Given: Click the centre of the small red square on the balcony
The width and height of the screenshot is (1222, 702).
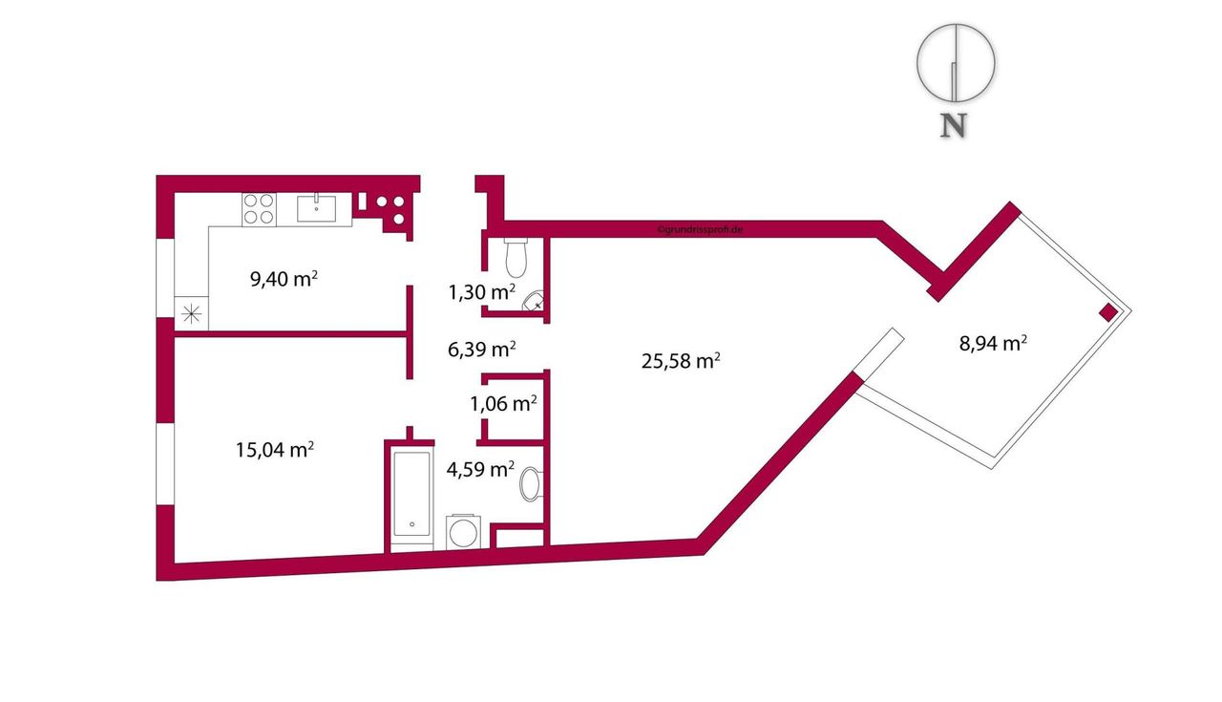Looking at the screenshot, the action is tap(1108, 312).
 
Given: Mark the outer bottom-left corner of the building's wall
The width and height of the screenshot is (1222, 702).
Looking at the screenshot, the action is tap(157, 581).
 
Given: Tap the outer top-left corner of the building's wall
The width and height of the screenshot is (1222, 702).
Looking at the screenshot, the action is tap(157, 176).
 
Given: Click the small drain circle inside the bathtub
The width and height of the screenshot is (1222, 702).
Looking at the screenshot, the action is tap(411, 524).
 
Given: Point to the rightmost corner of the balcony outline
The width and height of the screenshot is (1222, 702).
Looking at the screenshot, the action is tap(1131, 311).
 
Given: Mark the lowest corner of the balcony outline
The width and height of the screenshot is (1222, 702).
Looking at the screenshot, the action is tap(992, 468).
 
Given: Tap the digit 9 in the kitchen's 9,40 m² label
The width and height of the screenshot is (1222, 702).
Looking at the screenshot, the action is tap(255, 280).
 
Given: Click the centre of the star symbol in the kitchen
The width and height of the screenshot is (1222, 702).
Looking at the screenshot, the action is tap(192, 314).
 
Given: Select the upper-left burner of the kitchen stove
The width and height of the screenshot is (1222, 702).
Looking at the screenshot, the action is tap(250, 201).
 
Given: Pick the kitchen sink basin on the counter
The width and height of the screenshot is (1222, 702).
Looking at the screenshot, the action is tap(316, 208).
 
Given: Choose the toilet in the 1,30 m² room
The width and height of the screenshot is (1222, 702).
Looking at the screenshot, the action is tap(516, 257).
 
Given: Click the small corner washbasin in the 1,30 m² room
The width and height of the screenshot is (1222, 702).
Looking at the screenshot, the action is tap(534, 301).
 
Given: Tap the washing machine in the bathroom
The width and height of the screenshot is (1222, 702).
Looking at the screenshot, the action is tap(464, 532).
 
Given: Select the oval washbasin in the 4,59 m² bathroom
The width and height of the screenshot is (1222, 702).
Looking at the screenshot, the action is tap(530, 483).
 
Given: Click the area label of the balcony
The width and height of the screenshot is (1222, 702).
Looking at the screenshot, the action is tap(993, 343).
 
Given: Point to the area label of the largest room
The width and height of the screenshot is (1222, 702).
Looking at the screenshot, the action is tap(681, 360).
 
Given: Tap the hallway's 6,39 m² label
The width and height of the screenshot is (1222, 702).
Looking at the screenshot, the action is tap(482, 349).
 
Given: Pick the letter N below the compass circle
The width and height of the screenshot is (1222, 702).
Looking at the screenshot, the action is tap(954, 125).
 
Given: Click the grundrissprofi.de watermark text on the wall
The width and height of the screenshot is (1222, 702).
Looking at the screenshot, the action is tap(700, 230).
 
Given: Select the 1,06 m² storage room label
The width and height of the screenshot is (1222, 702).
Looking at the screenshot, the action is tap(503, 403).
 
